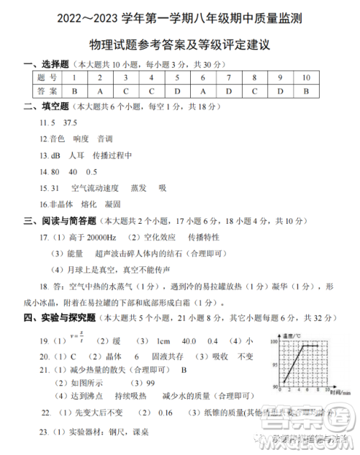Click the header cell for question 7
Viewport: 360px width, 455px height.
click(228, 77)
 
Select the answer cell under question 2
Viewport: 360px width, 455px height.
click(99, 91)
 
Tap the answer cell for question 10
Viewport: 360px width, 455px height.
click(306, 91)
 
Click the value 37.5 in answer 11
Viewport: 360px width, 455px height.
click(70, 123)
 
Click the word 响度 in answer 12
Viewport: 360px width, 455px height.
click(81, 138)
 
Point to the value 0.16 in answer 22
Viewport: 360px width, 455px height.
click(165, 413)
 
